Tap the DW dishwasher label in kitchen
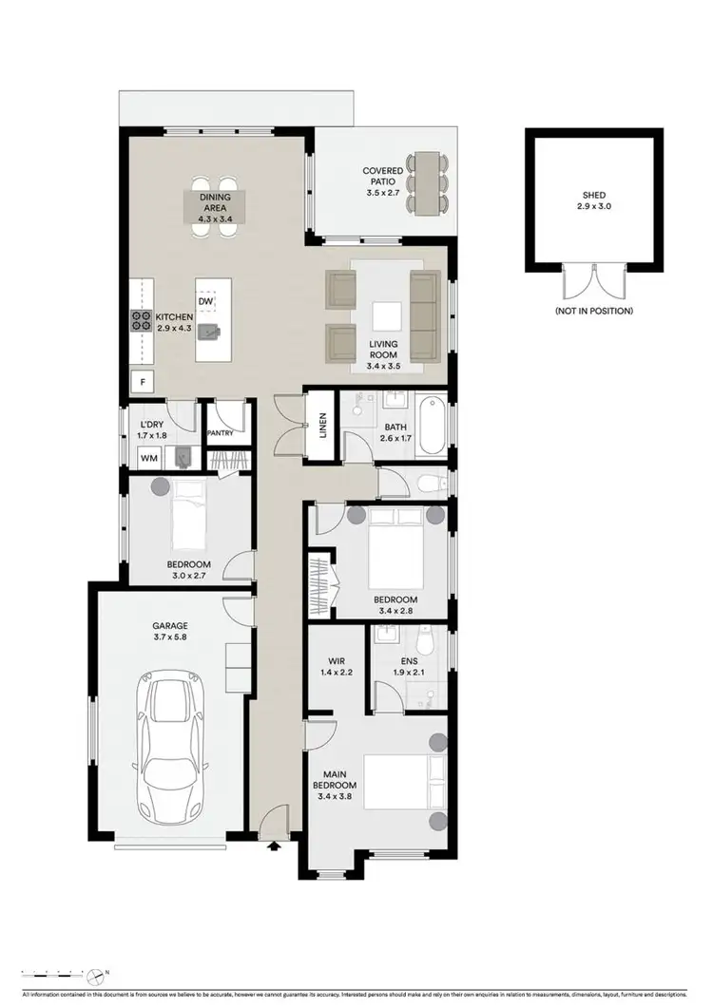click(206, 301)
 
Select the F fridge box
click(144, 383)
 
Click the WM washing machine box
click(148, 458)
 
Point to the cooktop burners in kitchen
click(142, 322)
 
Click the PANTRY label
click(220, 432)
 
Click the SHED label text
click(593, 195)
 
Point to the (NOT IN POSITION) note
click(593, 311)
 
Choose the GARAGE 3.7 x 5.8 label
click(171, 633)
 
